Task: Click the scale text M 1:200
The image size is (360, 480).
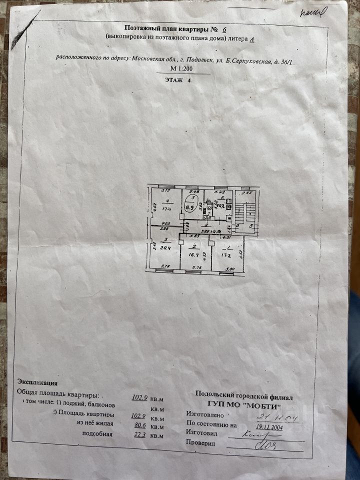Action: [181, 69]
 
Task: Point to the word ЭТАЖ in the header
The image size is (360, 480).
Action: [173, 79]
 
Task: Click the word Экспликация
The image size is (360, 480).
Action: [37, 383]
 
